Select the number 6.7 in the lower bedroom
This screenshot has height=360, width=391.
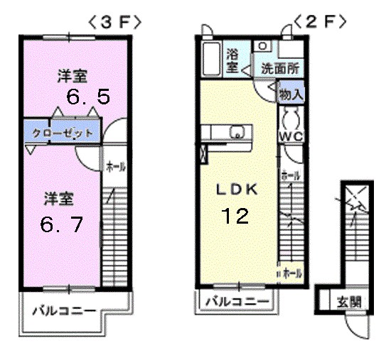click(x=62, y=225)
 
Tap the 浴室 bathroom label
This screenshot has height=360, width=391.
click(x=232, y=61)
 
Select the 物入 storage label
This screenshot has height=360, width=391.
click(x=291, y=93)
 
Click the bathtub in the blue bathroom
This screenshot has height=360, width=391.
click(x=212, y=58)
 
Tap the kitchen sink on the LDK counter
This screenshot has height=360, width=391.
click(x=237, y=131)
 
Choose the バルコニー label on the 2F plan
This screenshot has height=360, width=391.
click(x=237, y=302)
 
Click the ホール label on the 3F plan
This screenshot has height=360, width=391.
click(x=115, y=168)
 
